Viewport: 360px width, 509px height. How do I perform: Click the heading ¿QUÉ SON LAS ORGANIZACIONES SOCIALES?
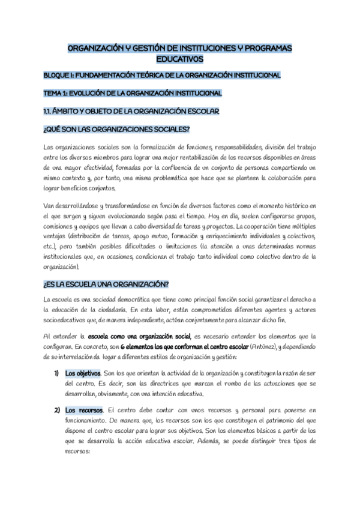[x=116, y=129]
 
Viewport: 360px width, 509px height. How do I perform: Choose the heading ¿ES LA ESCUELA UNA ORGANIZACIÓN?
[x=106, y=285]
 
